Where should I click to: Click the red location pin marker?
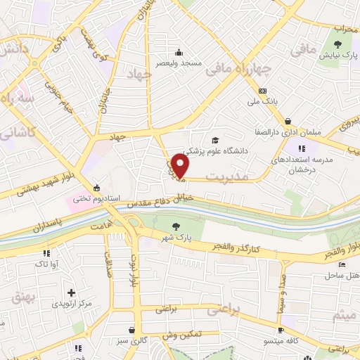[x=181, y=166]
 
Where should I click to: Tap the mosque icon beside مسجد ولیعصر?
[x=179, y=52]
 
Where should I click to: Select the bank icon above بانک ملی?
[x=263, y=91]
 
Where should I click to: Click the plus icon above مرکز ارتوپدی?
[x=70, y=292]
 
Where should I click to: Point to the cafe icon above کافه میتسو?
[x=281, y=329]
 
